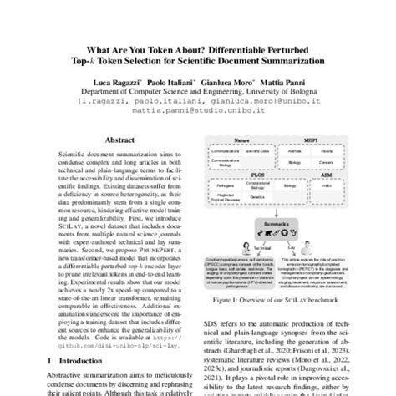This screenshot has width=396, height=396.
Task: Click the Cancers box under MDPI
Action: click(330, 165)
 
